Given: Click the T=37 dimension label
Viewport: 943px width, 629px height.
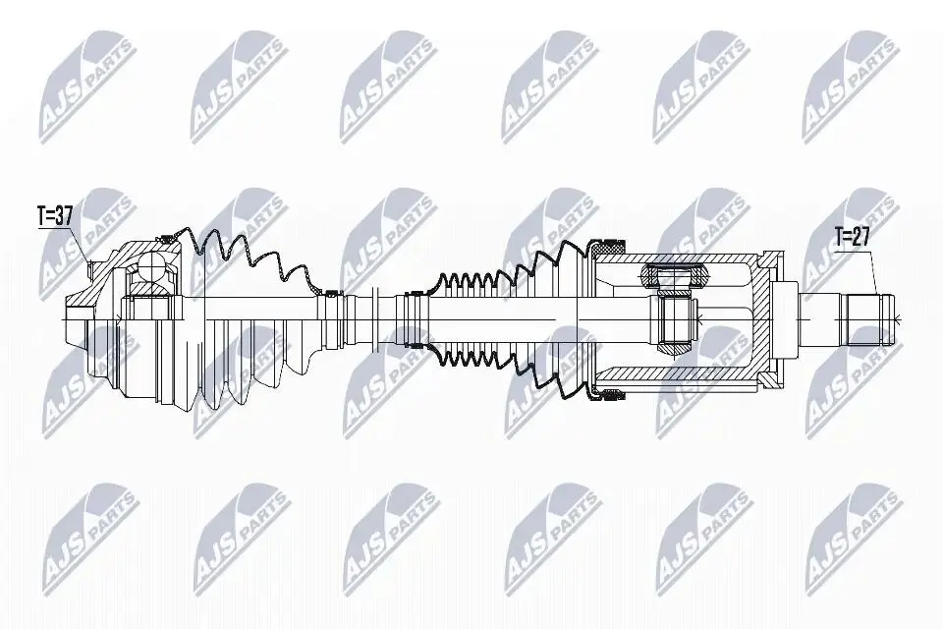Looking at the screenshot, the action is (55, 216).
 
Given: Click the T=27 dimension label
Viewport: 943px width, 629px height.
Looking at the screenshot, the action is (853, 237).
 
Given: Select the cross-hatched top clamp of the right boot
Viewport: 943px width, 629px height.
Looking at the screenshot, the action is (608, 244).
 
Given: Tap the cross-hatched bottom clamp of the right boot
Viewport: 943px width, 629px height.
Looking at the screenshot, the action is (608, 394).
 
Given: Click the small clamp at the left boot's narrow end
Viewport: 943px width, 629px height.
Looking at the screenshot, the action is (330, 294).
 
